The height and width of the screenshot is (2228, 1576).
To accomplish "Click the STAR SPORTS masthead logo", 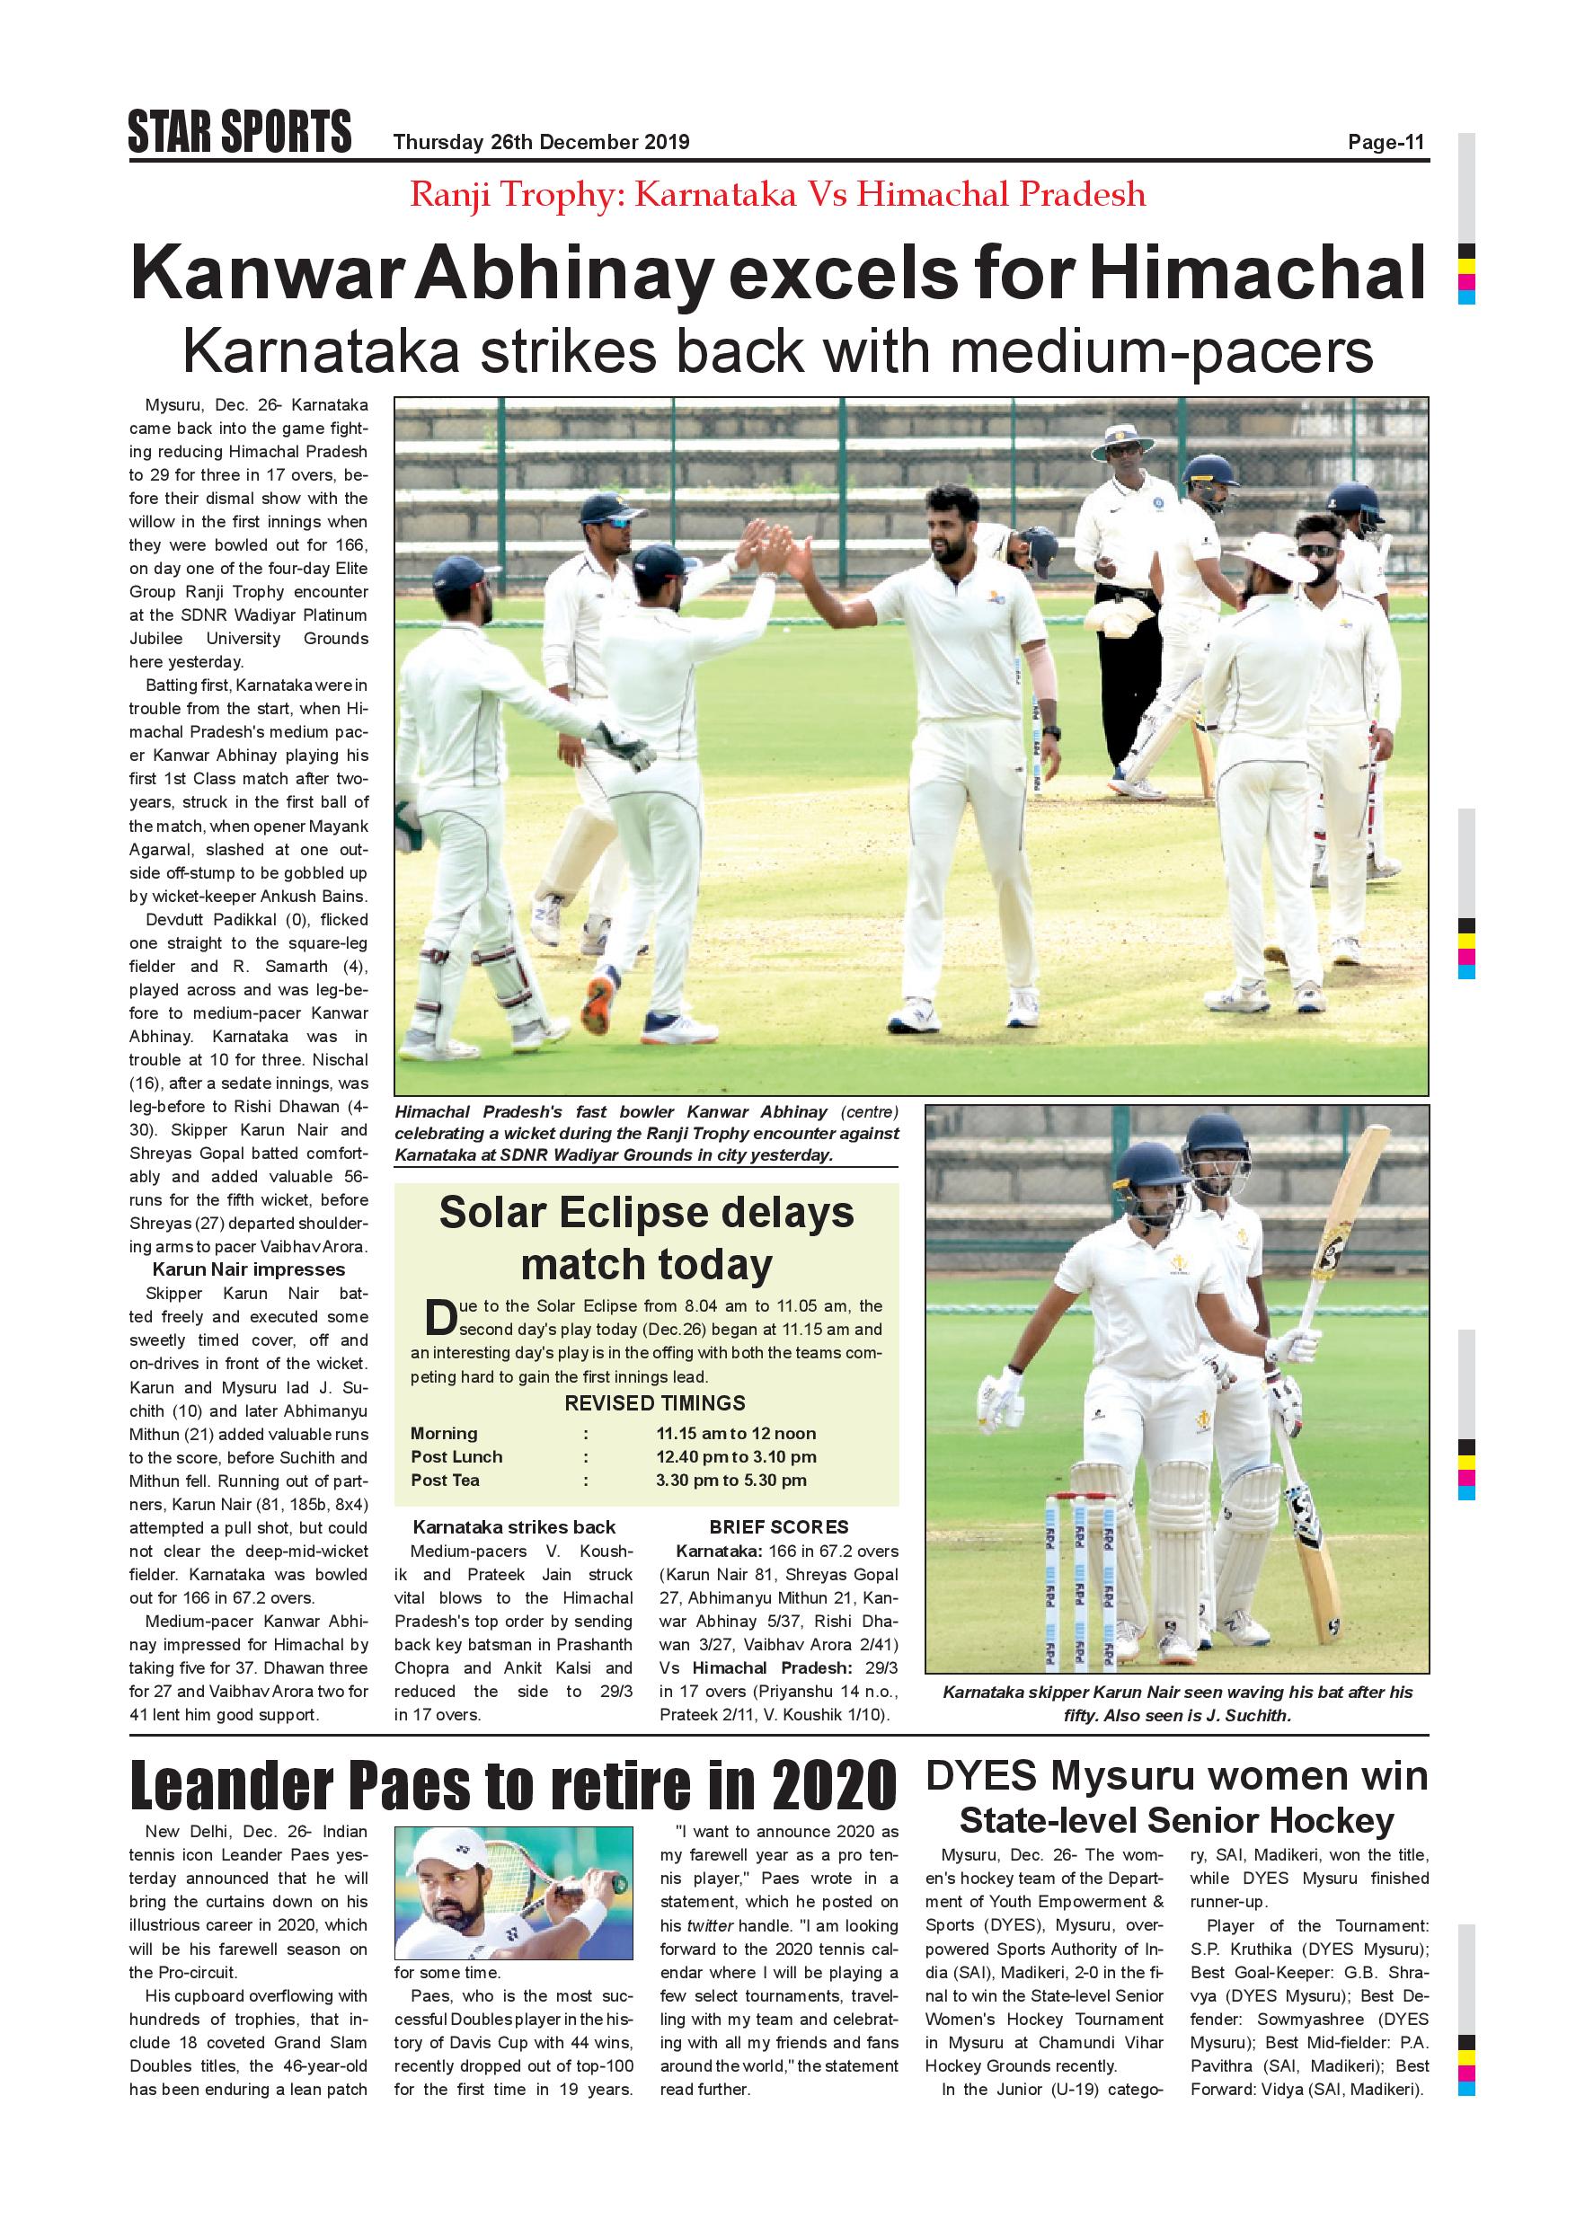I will pos(240,132).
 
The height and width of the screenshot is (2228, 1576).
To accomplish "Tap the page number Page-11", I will pos(1386,143).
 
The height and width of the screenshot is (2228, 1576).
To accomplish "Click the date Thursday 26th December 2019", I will pos(541,143).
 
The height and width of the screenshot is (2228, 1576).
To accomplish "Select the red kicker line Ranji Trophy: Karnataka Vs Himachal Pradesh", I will pos(777,195).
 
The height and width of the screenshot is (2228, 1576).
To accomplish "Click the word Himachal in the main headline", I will pos(1257,274).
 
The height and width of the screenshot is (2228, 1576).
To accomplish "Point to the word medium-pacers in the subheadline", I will pos(1162,351).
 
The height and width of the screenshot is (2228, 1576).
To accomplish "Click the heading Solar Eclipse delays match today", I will pos(646,1238).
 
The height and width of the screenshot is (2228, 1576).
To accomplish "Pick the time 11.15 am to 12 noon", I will pos(736,1433).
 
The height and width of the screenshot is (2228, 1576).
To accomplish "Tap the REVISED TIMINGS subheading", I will pos(655,1403).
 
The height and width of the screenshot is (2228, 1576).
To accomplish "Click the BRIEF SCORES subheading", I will pos(778,1526).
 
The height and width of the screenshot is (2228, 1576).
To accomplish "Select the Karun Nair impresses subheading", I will pos(248,1269).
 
